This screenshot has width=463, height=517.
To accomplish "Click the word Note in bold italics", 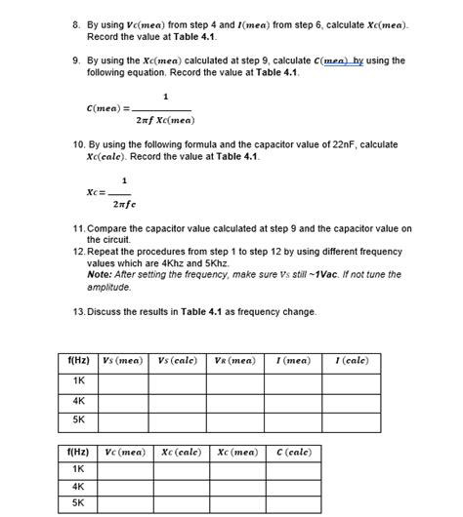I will (101, 274).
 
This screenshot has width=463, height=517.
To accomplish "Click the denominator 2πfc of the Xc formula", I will (125, 205).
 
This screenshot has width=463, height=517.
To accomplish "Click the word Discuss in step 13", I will (107, 311).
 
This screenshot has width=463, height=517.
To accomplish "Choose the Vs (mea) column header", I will (123, 361).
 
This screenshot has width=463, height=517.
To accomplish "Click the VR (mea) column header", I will (234, 361).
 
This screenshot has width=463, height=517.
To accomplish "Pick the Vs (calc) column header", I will (179, 361).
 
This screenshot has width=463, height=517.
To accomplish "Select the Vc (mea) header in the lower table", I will (123, 452).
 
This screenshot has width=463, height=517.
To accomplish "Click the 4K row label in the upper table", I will (78, 401).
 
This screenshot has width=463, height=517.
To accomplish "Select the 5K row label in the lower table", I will (78, 503).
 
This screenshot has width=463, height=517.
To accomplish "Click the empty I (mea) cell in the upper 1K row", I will (293, 380).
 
